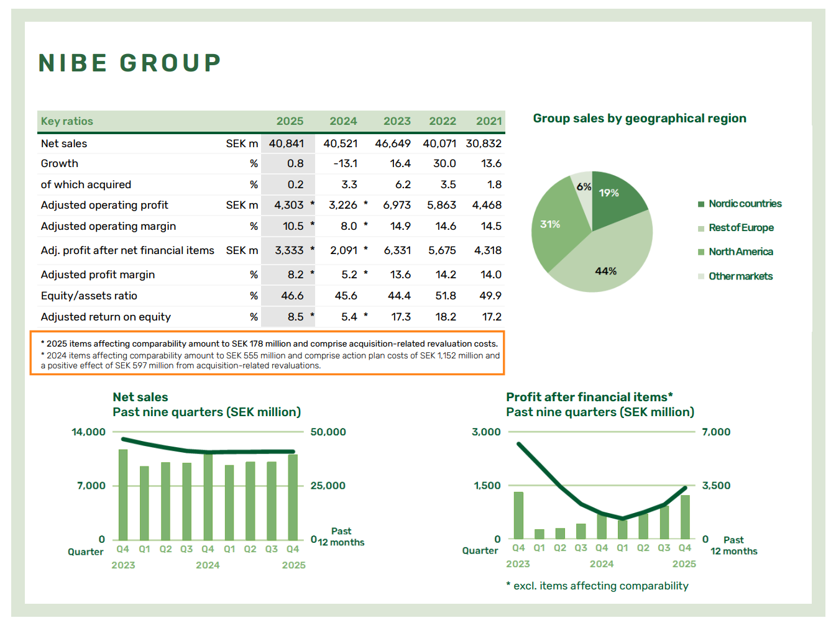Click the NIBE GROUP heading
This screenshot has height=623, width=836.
tap(130, 63)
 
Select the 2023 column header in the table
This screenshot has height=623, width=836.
tap(397, 121)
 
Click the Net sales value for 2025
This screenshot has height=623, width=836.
tap(287, 143)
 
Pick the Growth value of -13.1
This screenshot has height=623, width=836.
tap(345, 163)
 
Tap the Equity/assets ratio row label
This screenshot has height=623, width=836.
tap(89, 296)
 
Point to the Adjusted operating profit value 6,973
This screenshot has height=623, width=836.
tap(397, 205)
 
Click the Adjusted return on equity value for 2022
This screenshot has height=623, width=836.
tap(446, 317)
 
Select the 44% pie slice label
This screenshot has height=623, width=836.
tap(605, 271)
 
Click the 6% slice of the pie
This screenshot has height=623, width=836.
tap(583, 186)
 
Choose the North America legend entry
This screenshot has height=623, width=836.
tap(740, 252)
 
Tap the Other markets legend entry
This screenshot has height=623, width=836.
tap(740, 276)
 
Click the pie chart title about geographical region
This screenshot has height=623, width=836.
tap(640, 118)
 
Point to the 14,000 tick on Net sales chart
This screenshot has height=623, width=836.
tap(88, 432)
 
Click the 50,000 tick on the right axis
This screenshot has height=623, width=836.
tap(328, 432)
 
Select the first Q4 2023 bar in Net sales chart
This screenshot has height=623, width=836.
tap(123, 494)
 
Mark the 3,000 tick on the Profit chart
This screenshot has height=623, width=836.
tap(486, 432)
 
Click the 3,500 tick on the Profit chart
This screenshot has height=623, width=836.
tap(716, 486)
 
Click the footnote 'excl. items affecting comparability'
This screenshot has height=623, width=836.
tap(597, 586)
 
